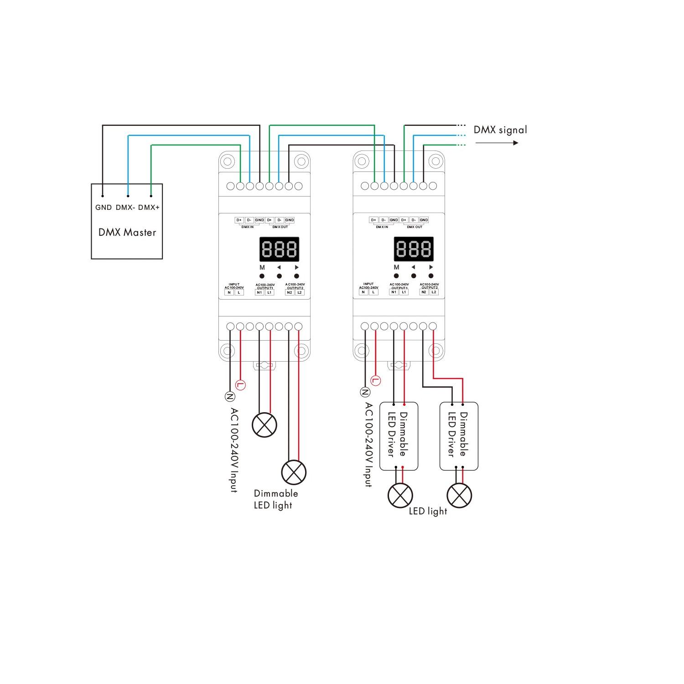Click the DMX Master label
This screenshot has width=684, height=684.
coord(127,233)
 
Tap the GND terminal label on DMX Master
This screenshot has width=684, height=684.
coord(104,207)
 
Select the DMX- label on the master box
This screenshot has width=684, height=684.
coord(125,207)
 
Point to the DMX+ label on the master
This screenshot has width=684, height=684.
coord(149,207)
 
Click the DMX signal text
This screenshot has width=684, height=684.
coord(500,130)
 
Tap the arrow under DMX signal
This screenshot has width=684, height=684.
coord(497,143)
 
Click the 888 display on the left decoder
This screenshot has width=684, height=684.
coord(280,249)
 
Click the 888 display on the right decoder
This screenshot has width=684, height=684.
coord(414,249)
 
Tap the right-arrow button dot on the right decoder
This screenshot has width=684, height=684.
coord(431,276)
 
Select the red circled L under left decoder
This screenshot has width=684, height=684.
coord(241,384)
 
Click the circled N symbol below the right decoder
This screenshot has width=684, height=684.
coord(365,392)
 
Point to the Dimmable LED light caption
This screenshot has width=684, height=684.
coord(275,499)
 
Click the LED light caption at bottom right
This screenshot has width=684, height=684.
coord(428,511)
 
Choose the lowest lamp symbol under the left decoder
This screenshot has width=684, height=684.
coord(294,472)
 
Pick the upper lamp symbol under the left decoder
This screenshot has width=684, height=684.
coord(264,425)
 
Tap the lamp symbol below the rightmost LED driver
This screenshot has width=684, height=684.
coord(459,495)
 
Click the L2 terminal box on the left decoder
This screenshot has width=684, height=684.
coord(300,292)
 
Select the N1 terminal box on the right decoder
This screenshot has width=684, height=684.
coord(394,292)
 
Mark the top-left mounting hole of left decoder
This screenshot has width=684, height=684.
coord(228,161)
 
